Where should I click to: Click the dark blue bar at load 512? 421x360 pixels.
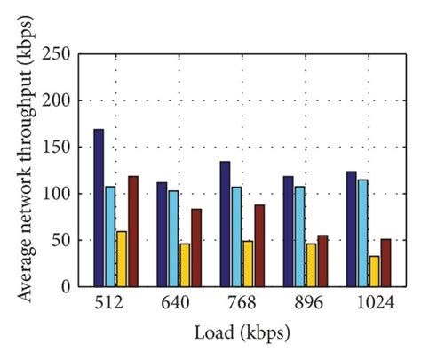(x=99, y=208)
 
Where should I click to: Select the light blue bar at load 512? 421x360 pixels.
(x=110, y=236)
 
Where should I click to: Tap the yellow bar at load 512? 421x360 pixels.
(x=122, y=258)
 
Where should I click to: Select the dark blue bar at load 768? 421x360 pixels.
(x=225, y=223)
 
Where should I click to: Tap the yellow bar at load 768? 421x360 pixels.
(x=248, y=263)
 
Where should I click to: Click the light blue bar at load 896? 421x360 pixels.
(x=299, y=236)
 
